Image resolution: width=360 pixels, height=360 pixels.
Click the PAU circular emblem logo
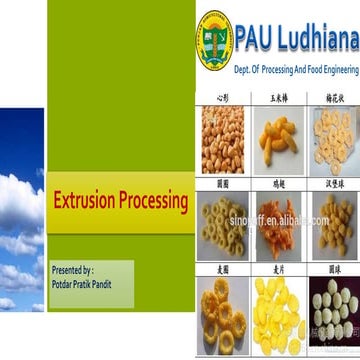point(215,41)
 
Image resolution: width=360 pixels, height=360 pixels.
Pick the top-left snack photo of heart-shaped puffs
point(223,140)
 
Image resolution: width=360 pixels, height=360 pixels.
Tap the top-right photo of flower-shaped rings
point(332,140)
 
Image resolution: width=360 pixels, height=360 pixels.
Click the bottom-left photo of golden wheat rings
point(223,315)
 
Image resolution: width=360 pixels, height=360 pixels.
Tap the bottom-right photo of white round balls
point(332,315)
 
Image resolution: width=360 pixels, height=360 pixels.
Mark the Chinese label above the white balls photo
point(332,271)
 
